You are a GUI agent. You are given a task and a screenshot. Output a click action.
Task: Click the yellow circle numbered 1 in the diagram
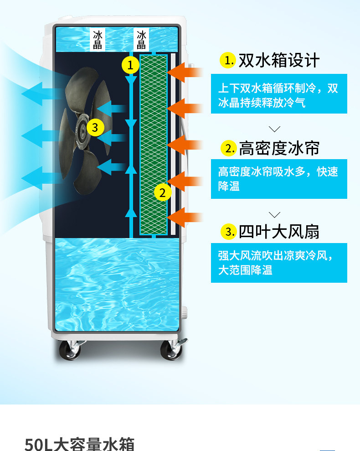(x=130, y=65)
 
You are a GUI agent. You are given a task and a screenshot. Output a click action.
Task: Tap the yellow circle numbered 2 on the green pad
(x=163, y=192)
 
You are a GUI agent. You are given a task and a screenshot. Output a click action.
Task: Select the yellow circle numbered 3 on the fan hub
(x=95, y=127)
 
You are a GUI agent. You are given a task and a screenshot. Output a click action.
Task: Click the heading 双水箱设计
(x=279, y=60)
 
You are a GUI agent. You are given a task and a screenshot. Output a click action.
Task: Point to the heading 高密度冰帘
(x=279, y=148)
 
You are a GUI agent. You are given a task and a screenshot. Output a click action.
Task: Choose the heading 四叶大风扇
(x=279, y=232)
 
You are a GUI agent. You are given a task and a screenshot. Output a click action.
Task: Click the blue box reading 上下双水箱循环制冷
(x=279, y=94)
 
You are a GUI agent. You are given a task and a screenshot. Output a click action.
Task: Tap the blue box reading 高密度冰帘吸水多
(x=279, y=179)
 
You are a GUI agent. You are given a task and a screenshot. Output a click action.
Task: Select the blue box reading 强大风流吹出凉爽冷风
(x=279, y=263)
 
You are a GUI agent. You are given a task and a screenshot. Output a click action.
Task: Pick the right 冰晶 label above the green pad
(x=142, y=40)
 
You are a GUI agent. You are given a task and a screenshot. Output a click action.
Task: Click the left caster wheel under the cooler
(x=69, y=350)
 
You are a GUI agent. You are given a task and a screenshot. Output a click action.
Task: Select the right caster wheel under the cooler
(x=171, y=350)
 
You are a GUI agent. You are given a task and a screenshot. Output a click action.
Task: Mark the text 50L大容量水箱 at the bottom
(x=79, y=443)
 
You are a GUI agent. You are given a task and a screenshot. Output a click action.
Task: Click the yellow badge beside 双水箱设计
(x=227, y=60)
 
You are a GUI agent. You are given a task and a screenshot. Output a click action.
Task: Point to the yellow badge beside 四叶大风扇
(x=228, y=232)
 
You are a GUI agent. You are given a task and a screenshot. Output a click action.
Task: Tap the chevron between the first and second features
(x=275, y=129)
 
